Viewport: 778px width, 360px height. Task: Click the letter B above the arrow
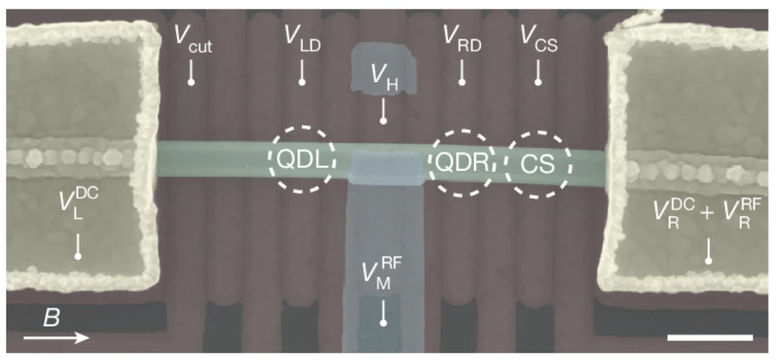click(51, 318)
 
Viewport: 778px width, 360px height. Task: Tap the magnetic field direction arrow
click(56, 338)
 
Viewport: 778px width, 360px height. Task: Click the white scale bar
click(711, 338)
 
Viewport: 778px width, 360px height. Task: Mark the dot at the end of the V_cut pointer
click(191, 82)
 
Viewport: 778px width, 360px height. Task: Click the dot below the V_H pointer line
click(383, 121)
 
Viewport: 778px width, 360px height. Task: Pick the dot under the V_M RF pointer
click(383, 323)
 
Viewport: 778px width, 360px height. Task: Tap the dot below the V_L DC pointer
click(78, 256)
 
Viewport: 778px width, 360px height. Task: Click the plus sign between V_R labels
click(706, 213)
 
